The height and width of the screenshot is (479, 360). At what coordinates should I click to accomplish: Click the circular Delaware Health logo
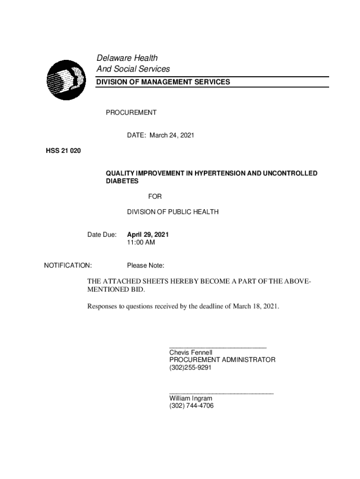65,80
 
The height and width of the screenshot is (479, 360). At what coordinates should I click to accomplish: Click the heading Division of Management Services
163,82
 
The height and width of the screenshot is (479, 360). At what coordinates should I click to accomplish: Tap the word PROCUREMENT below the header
131,113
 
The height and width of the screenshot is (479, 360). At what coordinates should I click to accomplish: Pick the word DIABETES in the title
122,181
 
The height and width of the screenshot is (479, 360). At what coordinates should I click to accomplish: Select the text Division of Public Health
173,212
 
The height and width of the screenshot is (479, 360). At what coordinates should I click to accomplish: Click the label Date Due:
102,234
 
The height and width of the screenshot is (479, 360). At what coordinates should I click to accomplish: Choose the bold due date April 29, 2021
148,234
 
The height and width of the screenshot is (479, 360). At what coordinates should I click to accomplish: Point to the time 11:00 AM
141,242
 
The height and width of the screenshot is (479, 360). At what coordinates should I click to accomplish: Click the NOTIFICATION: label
68,266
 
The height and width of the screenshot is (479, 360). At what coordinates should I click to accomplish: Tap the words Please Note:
145,266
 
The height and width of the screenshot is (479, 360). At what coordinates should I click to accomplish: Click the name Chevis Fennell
191,352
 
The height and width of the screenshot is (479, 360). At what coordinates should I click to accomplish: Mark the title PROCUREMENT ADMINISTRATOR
222,360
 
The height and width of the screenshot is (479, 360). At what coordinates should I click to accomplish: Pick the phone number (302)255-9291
190,368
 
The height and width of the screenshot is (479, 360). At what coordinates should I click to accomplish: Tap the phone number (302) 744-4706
191,406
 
